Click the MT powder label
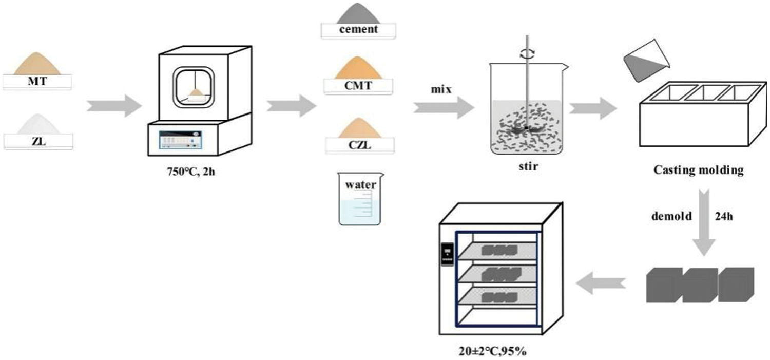point(37,81)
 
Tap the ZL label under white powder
point(37,140)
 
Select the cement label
point(358,29)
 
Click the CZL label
point(358,145)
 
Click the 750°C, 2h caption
point(192,171)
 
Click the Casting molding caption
point(698,171)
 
